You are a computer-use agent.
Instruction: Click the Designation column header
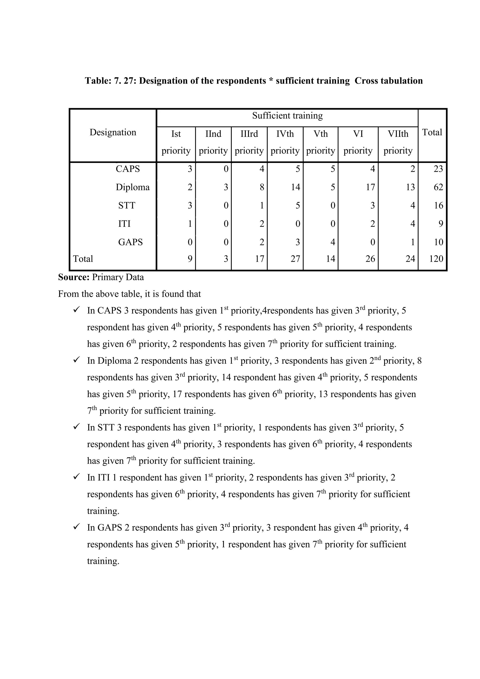[113, 132]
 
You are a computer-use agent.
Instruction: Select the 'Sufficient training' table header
[287, 116]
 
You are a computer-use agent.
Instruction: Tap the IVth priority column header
[285, 142]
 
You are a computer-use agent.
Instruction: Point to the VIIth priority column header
[398, 142]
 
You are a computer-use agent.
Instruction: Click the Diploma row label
[133, 187]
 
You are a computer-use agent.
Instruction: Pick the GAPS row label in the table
[130, 242]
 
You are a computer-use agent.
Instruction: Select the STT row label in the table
[127, 206]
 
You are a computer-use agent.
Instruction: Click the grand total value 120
[436, 259]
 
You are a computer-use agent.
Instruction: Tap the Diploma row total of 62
[438, 187]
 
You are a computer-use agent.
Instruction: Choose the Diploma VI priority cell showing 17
[370, 187]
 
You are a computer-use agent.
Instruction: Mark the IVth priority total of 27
[295, 259]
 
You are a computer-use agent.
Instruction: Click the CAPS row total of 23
[438, 169]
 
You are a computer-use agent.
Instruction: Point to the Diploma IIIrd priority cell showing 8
[262, 187]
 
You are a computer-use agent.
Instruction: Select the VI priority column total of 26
[370, 259]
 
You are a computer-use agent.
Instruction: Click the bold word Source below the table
[74, 277]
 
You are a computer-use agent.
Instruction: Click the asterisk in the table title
[271, 81]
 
